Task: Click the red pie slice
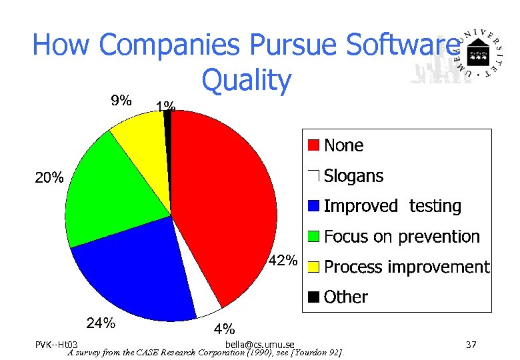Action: pyautogui.click(x=227, y=200)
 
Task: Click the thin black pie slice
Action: pyautogui.click(x=167, y=119)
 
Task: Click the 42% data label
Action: pyautogui.click(x=283, y=260)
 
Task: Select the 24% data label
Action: pyautogui.click(x=101, y=323)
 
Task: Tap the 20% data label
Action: pyautogui.click(x=49, y=177)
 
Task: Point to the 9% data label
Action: pyautogui.click(x=121, y=101)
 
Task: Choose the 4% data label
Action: pyautogui.click(x=223, y=329)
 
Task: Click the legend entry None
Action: pyautogui.click(x=343, y=145)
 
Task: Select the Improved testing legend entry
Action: pyautogui.click(x=392, y=206)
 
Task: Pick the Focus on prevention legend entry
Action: pyautogui.click(x=401, y=237)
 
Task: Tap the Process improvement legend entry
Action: pyautogui.click(x=406, y=267)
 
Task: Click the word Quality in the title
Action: pyautogui.click(x=247, y=80)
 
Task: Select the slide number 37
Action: pyautogui.click(x=471, y=344)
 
